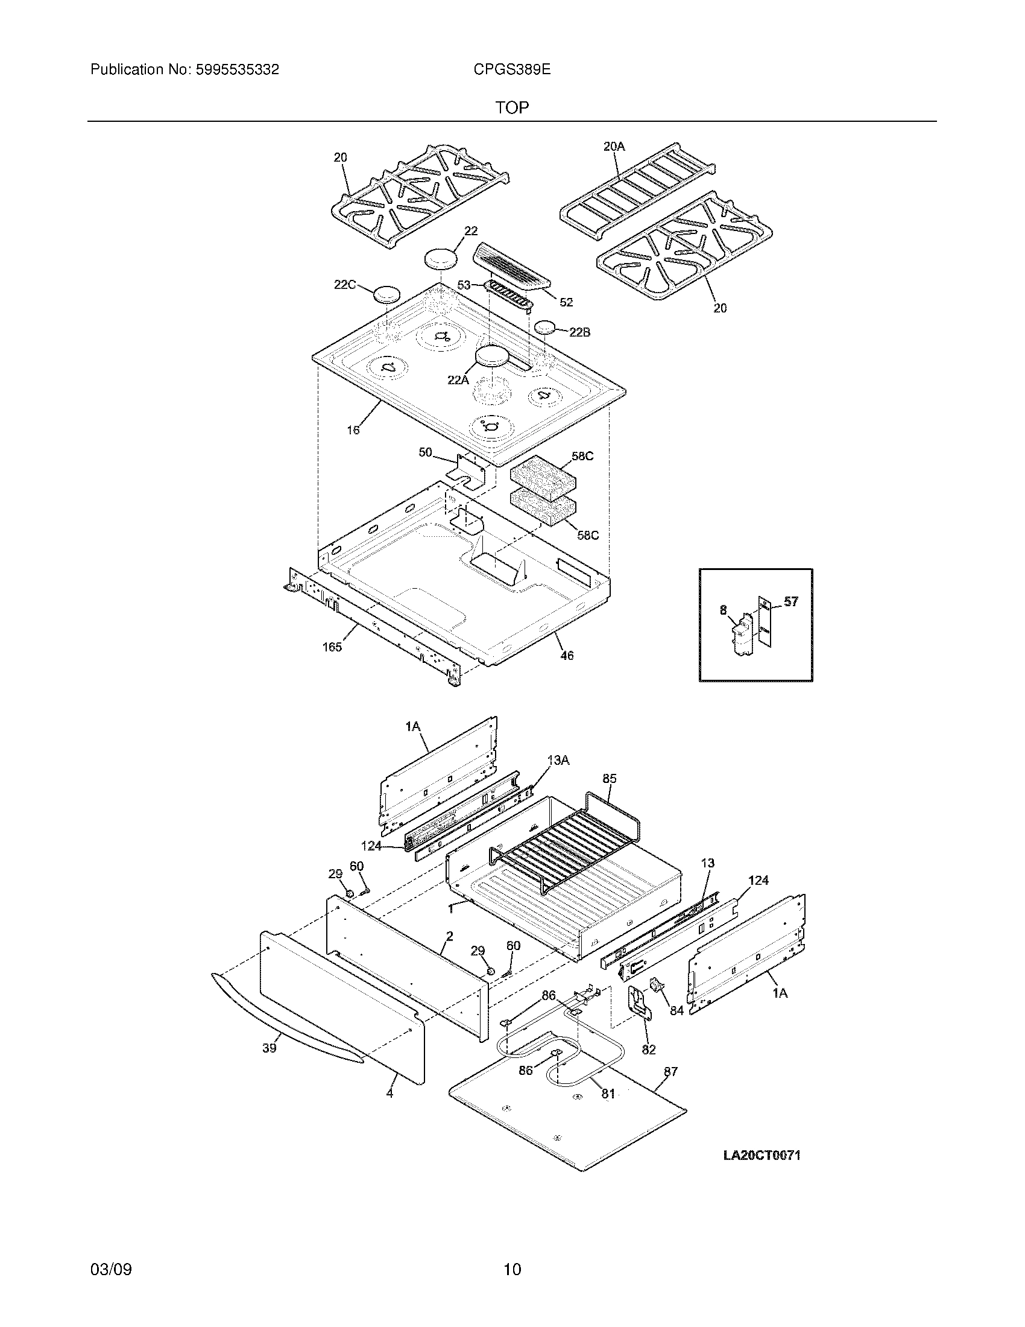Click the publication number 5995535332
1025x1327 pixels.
[x=237, y=70]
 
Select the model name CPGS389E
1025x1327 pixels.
[x=512, y=70]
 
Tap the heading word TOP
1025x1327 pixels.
[x=512, y=108]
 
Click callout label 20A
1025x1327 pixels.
[x=614, y=147]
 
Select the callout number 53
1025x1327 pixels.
[x=464, y=284]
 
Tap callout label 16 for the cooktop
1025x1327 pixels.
[x=353, y=430]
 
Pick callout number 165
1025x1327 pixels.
[x=332, y=647]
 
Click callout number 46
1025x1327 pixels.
[x=566, y=655]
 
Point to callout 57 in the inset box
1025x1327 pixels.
[x=790, y=601]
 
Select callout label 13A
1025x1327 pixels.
[x=558, y=760]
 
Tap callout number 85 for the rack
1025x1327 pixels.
[x=610, y=778]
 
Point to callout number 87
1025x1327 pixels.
[x=670, y=1071]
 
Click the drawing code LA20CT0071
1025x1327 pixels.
[x=762, y=1156]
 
